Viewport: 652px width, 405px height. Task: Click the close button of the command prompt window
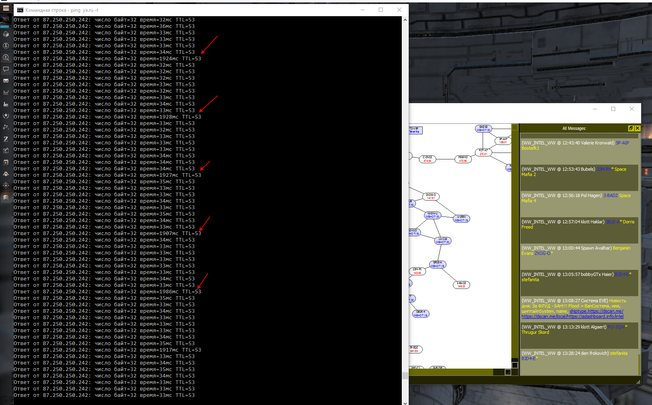[x=399, y=10]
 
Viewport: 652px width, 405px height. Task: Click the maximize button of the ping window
[x=381, y=10]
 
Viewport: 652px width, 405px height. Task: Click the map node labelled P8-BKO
[x=463, y=159]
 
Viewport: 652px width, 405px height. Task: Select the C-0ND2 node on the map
[x=427, y=159]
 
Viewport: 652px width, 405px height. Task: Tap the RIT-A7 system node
[x=483, y=152]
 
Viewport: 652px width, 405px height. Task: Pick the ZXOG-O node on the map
[x=431, y=196]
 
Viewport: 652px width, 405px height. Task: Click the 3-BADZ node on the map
[x=461, y=284]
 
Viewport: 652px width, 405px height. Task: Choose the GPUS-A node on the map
[x=437, y=264]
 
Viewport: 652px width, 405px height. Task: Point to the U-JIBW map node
[x=461, y=218]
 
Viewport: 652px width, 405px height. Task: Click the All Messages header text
[x=574, y=128]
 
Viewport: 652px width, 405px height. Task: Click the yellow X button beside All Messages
[x=637, y=128]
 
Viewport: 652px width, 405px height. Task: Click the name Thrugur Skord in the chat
[x=535, y=332]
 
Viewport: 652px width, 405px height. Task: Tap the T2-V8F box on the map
[x=415, y=130]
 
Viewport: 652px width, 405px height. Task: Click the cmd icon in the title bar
[x=20, y=10]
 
